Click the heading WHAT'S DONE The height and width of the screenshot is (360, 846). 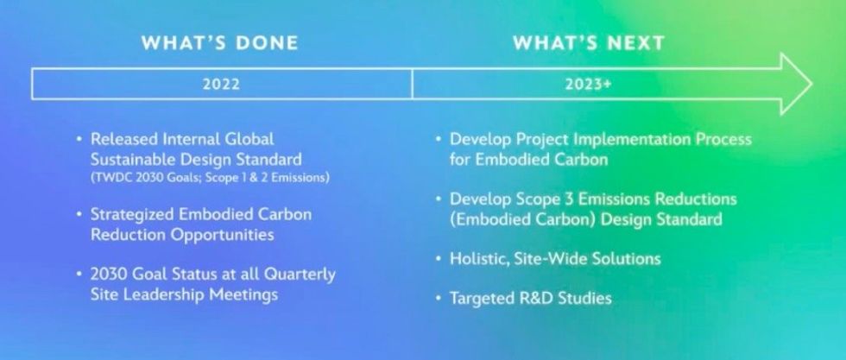coord(220,43)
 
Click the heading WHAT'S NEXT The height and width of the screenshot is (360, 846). coord(589,43)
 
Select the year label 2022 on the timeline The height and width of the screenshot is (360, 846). coord(221,85)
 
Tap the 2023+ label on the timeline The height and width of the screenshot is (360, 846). coord(590,85)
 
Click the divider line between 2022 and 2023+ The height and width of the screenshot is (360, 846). coord(412,85)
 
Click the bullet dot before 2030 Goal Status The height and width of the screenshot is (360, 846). coord(79,275)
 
